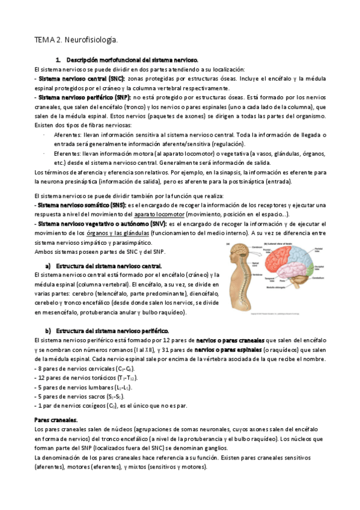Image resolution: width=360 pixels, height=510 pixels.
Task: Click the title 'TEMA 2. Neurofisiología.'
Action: pyautogui.click(x=75, y=40)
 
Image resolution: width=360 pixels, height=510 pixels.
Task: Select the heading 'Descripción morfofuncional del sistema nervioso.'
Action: pyautogui.click(x=132, y=61)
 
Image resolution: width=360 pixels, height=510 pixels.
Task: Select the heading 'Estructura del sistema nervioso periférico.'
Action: pyautogui.click(x=112, y=331)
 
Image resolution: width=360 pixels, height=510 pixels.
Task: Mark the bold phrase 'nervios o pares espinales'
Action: pyautogui.click(x=221, y=349)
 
